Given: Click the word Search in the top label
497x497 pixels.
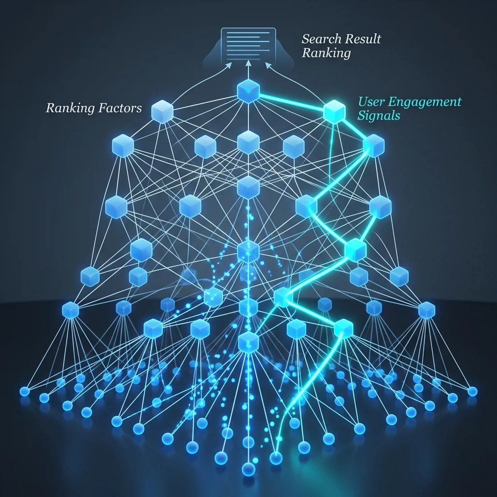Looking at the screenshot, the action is (321, 39).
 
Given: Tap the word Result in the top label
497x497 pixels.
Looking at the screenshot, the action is (362, 39).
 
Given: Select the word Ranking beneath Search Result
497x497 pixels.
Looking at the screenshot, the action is (326, 53).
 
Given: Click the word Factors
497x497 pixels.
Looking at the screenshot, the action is (120, 108).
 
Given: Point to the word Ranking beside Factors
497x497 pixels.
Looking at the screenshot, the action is (70, 108).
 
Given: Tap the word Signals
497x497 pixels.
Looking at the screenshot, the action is (379, 116).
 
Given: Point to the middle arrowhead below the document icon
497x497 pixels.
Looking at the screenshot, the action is (248, 64).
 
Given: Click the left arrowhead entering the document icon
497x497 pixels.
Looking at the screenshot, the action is (229, 65).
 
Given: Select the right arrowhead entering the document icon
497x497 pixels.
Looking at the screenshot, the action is (268, 65).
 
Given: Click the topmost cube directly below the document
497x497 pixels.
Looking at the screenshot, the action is (248, 91).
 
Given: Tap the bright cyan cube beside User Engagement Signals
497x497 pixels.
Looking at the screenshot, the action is (334, 112).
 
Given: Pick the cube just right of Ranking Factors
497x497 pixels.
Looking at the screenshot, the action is (162, 112).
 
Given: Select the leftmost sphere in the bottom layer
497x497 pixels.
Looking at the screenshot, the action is (25, 392).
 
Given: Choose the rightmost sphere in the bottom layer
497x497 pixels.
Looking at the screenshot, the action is (472, 392).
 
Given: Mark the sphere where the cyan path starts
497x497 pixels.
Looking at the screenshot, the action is (276, 458).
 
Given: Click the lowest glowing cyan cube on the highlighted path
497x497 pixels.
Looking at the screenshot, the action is (344, 329).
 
